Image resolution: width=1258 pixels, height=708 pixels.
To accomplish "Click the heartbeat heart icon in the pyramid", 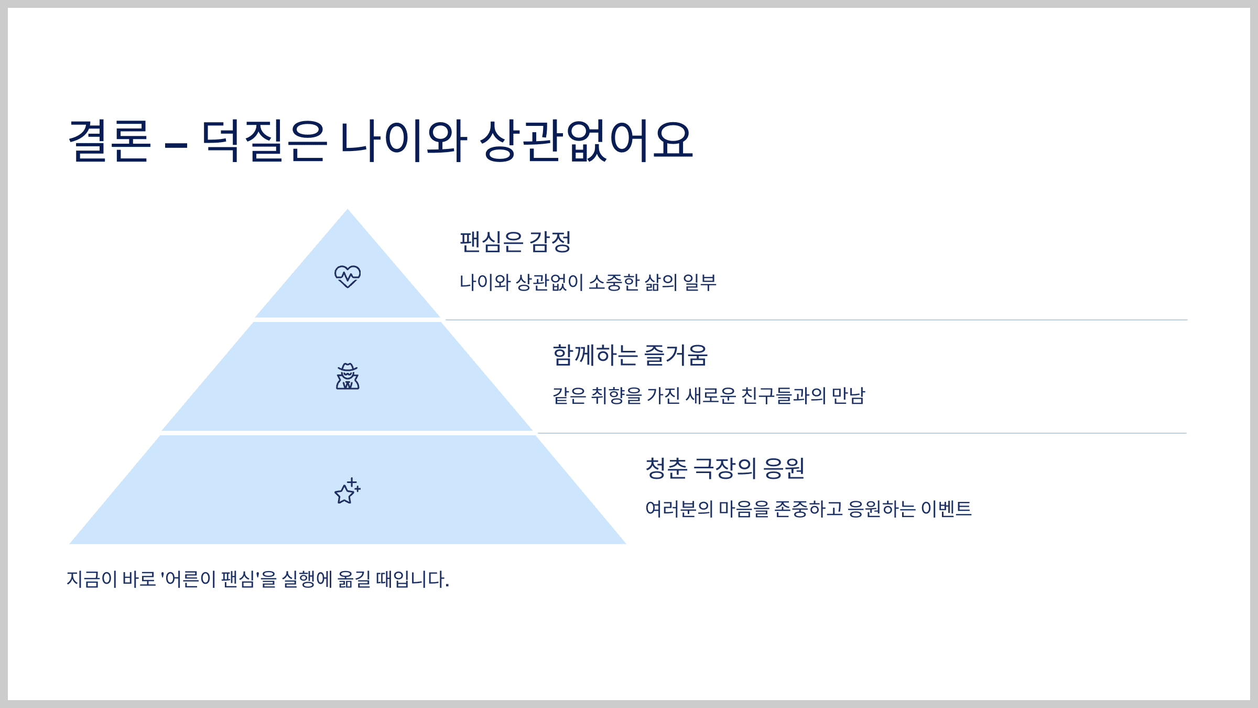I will [348, 276].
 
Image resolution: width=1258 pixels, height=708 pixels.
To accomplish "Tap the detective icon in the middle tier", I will [348, 377].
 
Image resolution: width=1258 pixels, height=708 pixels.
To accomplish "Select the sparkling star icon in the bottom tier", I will [348, 491].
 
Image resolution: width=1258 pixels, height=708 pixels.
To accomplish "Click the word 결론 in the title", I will [110, 141].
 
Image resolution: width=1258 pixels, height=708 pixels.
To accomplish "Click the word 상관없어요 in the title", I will [587, 141].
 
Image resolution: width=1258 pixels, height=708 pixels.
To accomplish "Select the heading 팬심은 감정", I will [515, 242].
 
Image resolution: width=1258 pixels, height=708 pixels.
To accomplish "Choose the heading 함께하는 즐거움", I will [630, 356].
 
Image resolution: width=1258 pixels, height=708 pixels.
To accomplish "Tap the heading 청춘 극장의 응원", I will [724, 468].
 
